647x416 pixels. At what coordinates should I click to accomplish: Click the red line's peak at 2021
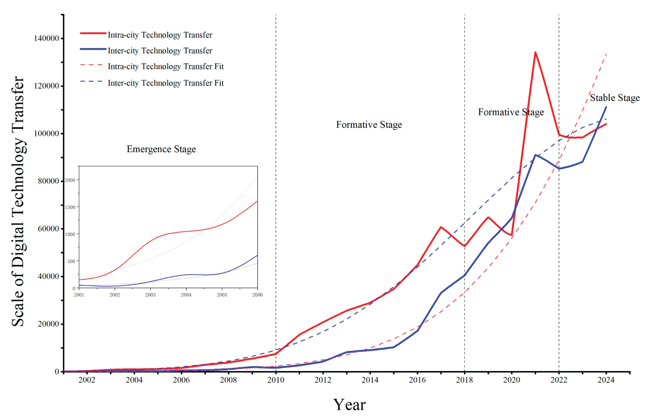coord(535,52)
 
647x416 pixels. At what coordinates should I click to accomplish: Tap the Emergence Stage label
coord(161,149)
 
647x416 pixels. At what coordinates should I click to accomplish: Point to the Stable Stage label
coord(615,98)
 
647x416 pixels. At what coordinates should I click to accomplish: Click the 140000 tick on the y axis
coord(46,38)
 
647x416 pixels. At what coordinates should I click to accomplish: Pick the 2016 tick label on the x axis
coord(417,380)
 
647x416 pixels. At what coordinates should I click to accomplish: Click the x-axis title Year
coord(349,404)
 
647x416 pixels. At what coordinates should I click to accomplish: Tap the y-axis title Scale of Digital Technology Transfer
coord(18,201)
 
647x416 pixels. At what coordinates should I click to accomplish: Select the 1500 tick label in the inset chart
coord(70,207)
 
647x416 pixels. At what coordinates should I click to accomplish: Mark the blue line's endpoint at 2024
coord(606,107)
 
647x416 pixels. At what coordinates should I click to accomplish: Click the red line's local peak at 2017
coord(441,227)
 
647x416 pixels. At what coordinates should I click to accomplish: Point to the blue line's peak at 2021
coord(535,155)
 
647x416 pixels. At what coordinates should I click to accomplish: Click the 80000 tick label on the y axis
coord(48,181)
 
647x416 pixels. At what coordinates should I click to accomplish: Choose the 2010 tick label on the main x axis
coord(276,380)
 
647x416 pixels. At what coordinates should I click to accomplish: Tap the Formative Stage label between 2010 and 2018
coord(369,125)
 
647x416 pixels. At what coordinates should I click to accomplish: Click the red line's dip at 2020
coord(512,235)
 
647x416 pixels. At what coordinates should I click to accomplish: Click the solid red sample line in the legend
coord(93,33)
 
